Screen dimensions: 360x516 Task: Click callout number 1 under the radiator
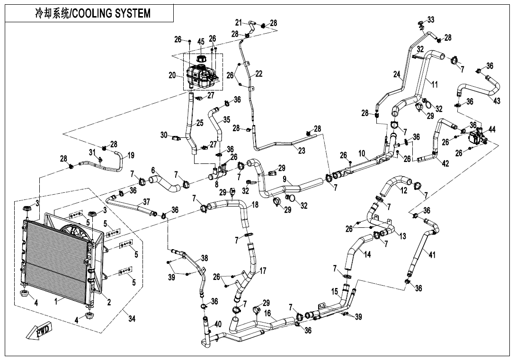[x=56, y=301]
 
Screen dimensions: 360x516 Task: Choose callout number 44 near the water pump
[x=492, y=129]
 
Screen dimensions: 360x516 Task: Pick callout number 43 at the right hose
[x=496, y=101]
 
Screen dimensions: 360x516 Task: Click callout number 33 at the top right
[x=430, y=19]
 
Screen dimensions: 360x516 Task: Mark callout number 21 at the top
[x=239, y=22]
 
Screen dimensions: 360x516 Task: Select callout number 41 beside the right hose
[x=432, y=254]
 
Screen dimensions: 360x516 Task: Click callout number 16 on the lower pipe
[x=267, y=314]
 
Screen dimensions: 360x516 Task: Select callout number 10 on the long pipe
[x=362, y=153]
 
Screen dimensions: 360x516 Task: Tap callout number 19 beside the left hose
[x=131, y=155]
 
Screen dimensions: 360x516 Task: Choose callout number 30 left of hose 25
[x=164, y=135]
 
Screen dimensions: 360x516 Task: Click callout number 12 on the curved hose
[x=403, y=190]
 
